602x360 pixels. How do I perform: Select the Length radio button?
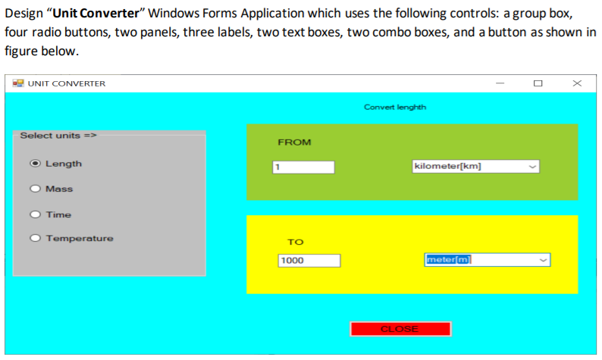(x=35, y=164)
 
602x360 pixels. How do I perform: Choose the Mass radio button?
(x=35, y=189)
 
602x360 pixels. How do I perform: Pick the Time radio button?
(x=35, y=214)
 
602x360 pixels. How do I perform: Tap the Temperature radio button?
(x=35, y=239)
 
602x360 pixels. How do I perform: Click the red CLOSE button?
(x=400, y=329)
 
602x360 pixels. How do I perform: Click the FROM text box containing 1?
(x=303, y=167)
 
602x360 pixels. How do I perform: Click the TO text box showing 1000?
(x=309, y=261)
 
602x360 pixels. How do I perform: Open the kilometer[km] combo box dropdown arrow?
(x=531, y=167)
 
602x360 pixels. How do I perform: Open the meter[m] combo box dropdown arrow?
(x=542, y=260)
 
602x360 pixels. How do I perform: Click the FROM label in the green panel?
(x=294, y=142)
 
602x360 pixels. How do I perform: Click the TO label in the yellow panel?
(x=295, y=242)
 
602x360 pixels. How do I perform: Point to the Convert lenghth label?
(x=395, y=107)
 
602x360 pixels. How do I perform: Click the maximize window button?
(x=538, y=83)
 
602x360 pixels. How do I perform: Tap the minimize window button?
(x=500, y=83)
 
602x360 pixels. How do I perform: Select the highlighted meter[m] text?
(x=449, y=260)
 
